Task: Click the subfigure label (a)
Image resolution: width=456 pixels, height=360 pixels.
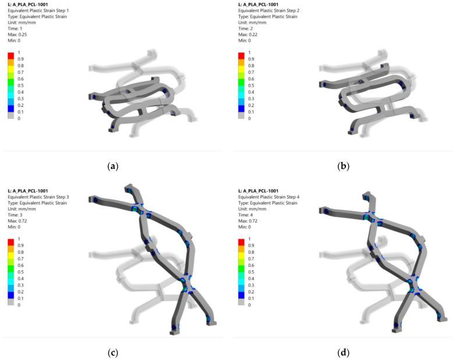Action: pyautogui.click(x=113, y=167)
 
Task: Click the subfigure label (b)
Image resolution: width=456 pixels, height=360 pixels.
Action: pyautogui.click(x=344, y=167)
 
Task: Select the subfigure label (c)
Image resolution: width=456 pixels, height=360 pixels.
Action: pyautogui.click(x=113, y=353)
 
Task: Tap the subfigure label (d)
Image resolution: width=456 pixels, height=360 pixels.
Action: pyautogui.click(x=344, y=353)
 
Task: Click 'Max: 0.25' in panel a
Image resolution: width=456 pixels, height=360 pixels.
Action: pyautogui.click(x=17, y=34)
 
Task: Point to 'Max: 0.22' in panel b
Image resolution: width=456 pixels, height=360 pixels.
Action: pyautogui.click(x=248, y=34)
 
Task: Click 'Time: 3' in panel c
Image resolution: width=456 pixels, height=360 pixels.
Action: pyautogui.click(x=15, y=215)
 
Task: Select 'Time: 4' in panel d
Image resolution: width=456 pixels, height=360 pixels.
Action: pyautogui.click(x=245, y=215)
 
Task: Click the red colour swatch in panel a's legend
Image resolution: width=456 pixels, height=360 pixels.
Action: pyautogui.click(x=10, y=56)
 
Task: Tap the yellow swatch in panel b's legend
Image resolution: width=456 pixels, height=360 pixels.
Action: pyautogui.click(x=241, y=69)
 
